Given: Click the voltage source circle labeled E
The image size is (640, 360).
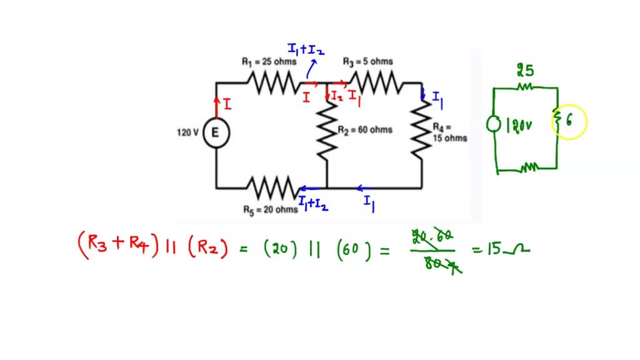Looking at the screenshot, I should click(216, 132).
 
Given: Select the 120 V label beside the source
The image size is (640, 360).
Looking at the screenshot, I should click(187, 132).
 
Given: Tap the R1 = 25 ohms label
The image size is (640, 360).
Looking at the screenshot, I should click(269, 62).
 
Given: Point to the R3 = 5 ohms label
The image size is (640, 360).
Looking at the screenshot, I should click(368, 61).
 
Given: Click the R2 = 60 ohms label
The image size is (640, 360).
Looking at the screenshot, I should click(365, 130).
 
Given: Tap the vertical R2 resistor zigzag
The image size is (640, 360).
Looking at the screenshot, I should click(327, 131).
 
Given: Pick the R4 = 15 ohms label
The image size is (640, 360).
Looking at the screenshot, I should click(449, 132).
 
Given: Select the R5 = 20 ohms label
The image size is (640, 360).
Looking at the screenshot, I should click(271, 210).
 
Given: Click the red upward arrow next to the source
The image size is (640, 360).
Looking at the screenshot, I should click(217, 106).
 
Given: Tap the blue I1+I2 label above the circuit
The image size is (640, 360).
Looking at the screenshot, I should click(305, 49).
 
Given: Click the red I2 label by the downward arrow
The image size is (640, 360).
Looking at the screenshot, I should click(337, 96).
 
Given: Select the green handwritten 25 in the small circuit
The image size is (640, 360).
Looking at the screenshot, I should click(525, 71).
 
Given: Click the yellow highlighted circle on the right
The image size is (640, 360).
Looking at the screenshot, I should click(569, 122).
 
